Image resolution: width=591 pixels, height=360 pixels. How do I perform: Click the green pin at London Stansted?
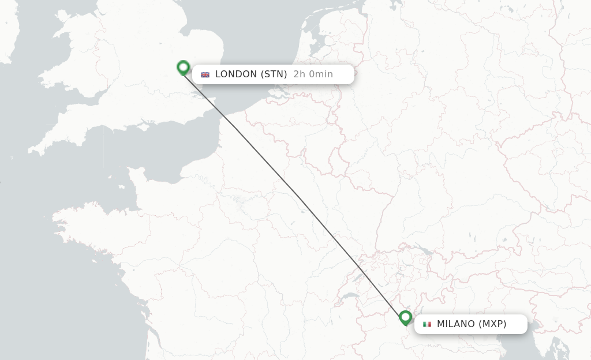coord(183,67)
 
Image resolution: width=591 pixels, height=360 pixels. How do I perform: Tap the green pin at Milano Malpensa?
coord(406,317)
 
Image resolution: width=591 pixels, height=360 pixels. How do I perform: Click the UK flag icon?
coord(205,74)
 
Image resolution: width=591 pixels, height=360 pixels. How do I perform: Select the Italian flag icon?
coord(427,324)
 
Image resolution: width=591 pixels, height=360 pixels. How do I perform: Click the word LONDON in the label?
coord(236,74)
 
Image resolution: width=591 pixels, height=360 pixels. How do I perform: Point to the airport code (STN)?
coord(274,74)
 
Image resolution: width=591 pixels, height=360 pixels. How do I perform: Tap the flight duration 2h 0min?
coord(313,74)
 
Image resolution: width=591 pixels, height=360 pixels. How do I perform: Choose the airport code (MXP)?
coord(492,324)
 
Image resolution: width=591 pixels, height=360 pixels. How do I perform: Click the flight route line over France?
coord(300,200)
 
